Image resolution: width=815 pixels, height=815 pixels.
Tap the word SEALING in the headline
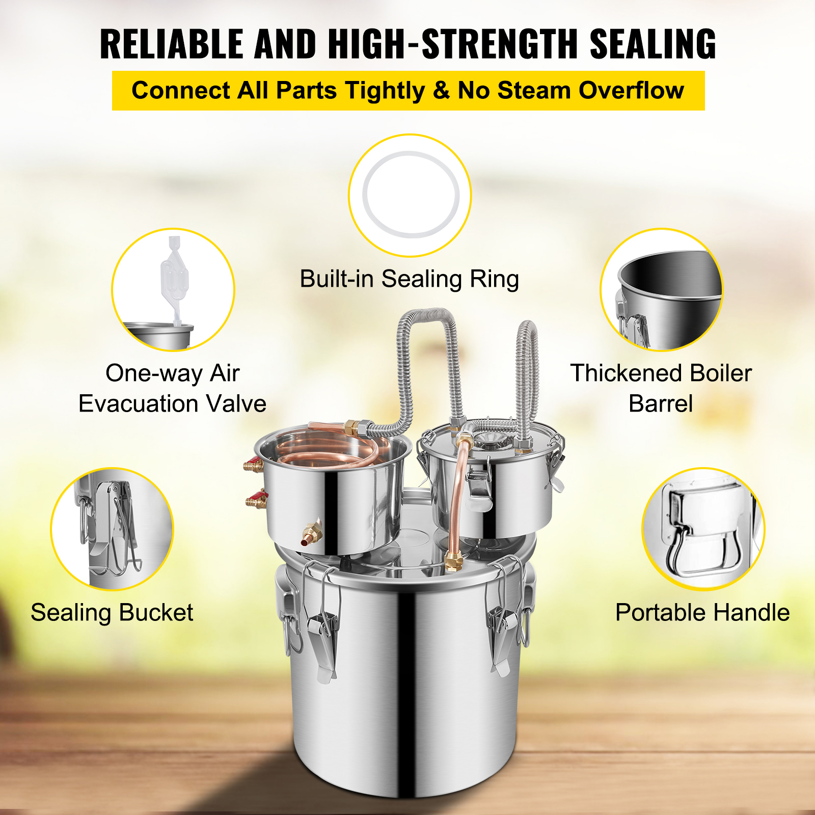(x=653, y=44)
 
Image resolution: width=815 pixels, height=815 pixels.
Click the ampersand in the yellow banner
(x=441, y=91)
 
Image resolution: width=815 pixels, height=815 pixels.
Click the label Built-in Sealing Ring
(x=409, y=279)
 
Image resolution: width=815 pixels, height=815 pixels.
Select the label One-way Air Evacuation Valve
(x=172, y=388)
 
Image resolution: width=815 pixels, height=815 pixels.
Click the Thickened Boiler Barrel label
(x=661, y=388)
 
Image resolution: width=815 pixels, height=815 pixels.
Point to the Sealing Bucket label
(x=112, y=612)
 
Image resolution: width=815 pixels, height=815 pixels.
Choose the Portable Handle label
(x=702, y=612)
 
